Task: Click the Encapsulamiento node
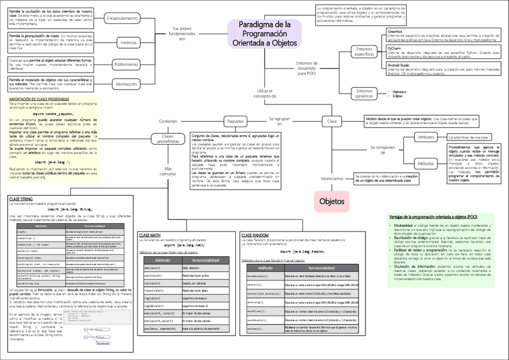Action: pos(124,19)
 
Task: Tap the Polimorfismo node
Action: pos(126,64)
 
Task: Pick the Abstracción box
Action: pos(126,84)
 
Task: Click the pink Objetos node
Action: pos(331,201)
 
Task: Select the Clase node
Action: pos(332,121)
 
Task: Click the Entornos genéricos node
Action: pos(364,92)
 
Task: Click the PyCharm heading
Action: pos(394,47)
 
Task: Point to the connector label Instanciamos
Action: pos(332,178)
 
